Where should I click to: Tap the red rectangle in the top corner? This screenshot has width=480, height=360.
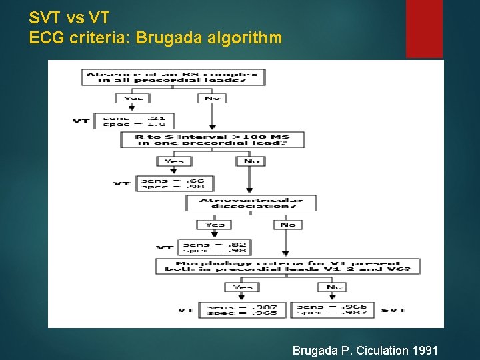pos(424,29)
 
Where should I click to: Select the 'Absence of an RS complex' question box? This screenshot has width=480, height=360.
pos(173,77)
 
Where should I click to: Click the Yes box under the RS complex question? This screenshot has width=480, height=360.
pos(133,99)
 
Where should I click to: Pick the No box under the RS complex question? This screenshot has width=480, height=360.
pos(212,99)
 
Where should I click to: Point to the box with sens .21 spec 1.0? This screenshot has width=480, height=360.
pos(134,121)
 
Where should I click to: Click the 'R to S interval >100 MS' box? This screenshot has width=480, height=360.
pos(212,140)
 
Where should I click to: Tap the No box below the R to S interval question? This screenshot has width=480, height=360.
pos(251,161)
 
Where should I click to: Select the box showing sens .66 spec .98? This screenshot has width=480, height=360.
pos(174,183)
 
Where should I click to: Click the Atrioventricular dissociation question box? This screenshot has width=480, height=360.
pos(251,203)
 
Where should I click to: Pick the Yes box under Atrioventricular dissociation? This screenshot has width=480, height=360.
pos(215,225)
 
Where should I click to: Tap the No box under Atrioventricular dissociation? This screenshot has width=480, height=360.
pos(287,225)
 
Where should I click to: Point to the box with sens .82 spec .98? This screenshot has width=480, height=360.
pos(215,247)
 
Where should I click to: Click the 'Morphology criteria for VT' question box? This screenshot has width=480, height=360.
pos(287,267)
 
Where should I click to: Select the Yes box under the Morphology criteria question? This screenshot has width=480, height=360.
pos(242,287)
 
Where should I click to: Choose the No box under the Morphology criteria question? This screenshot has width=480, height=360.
pos(334,287)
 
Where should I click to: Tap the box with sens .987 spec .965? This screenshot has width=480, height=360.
pos(242,310)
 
